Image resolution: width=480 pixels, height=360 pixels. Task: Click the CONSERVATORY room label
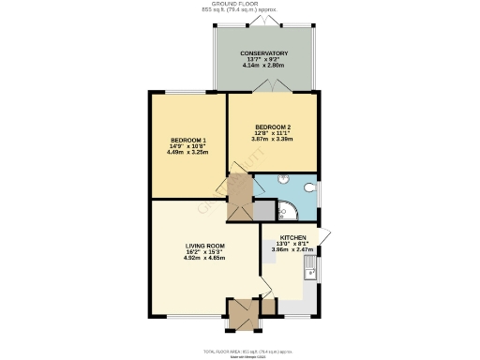click(263, 53)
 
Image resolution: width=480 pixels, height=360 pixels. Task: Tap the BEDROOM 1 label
click(187, 141)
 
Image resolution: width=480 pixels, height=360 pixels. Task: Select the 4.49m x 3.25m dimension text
click(187, 153)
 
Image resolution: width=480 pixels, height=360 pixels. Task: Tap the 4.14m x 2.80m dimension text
click(263, 66)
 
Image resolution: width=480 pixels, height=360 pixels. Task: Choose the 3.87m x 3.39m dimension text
click(271, 139)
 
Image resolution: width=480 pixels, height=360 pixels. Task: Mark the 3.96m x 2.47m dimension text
click(291, 250)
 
